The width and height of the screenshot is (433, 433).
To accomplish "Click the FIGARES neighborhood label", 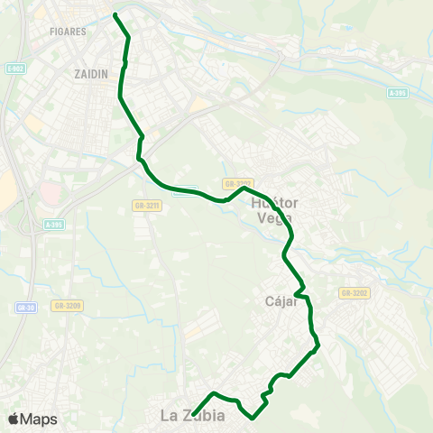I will click(69, 31).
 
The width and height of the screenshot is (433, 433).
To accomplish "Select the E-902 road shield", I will click(14, 68).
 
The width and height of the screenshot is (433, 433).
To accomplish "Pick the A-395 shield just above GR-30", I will click(53, 225).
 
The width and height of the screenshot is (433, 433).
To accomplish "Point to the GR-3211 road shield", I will click(146, 206).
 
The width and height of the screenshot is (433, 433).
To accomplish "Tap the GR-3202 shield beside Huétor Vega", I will click(253, 183).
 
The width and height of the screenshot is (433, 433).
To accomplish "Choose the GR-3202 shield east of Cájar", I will click(355, 293).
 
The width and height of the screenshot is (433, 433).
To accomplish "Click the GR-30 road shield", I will click(24, 307).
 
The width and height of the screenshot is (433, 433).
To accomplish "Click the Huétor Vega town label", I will click(277, 209).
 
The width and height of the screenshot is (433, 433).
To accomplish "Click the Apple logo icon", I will click(14, 419).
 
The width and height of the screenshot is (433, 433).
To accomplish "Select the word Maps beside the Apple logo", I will click(39, 419).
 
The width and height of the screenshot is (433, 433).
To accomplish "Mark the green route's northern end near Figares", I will click(115, 14).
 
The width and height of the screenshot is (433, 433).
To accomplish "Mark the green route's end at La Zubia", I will click(194, 414).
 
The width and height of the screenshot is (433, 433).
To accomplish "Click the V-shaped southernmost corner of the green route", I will click(253, 418).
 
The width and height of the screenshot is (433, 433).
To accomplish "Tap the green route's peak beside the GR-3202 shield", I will click(242, 189).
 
